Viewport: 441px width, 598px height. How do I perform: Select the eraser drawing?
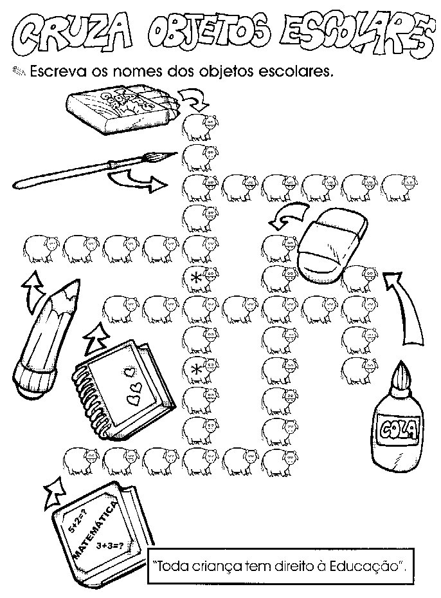point(333,242)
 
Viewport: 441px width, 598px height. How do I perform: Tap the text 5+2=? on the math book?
point(77,523)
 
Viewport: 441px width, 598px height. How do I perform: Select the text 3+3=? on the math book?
point(110,545)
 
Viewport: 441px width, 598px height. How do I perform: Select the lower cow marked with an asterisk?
point(201,369)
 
